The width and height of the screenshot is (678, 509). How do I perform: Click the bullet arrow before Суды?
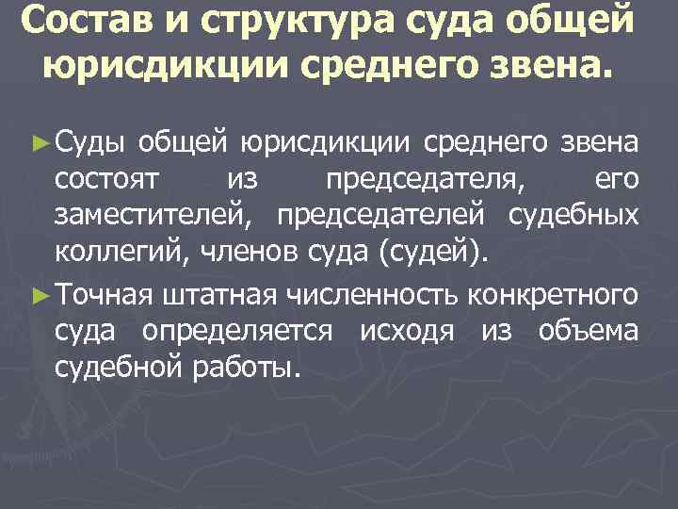pyautogui.click(x=39, y=142)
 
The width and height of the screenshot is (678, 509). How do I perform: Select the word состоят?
pyautogui.click(x=109, y=179)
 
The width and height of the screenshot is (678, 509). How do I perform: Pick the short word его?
pyautogui.click(x=618, y=179)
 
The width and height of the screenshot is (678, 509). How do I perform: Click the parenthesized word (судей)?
pyautogui.click(x=433, y=251)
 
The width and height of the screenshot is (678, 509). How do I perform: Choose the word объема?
pyautogui.click(x=589, y=332)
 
